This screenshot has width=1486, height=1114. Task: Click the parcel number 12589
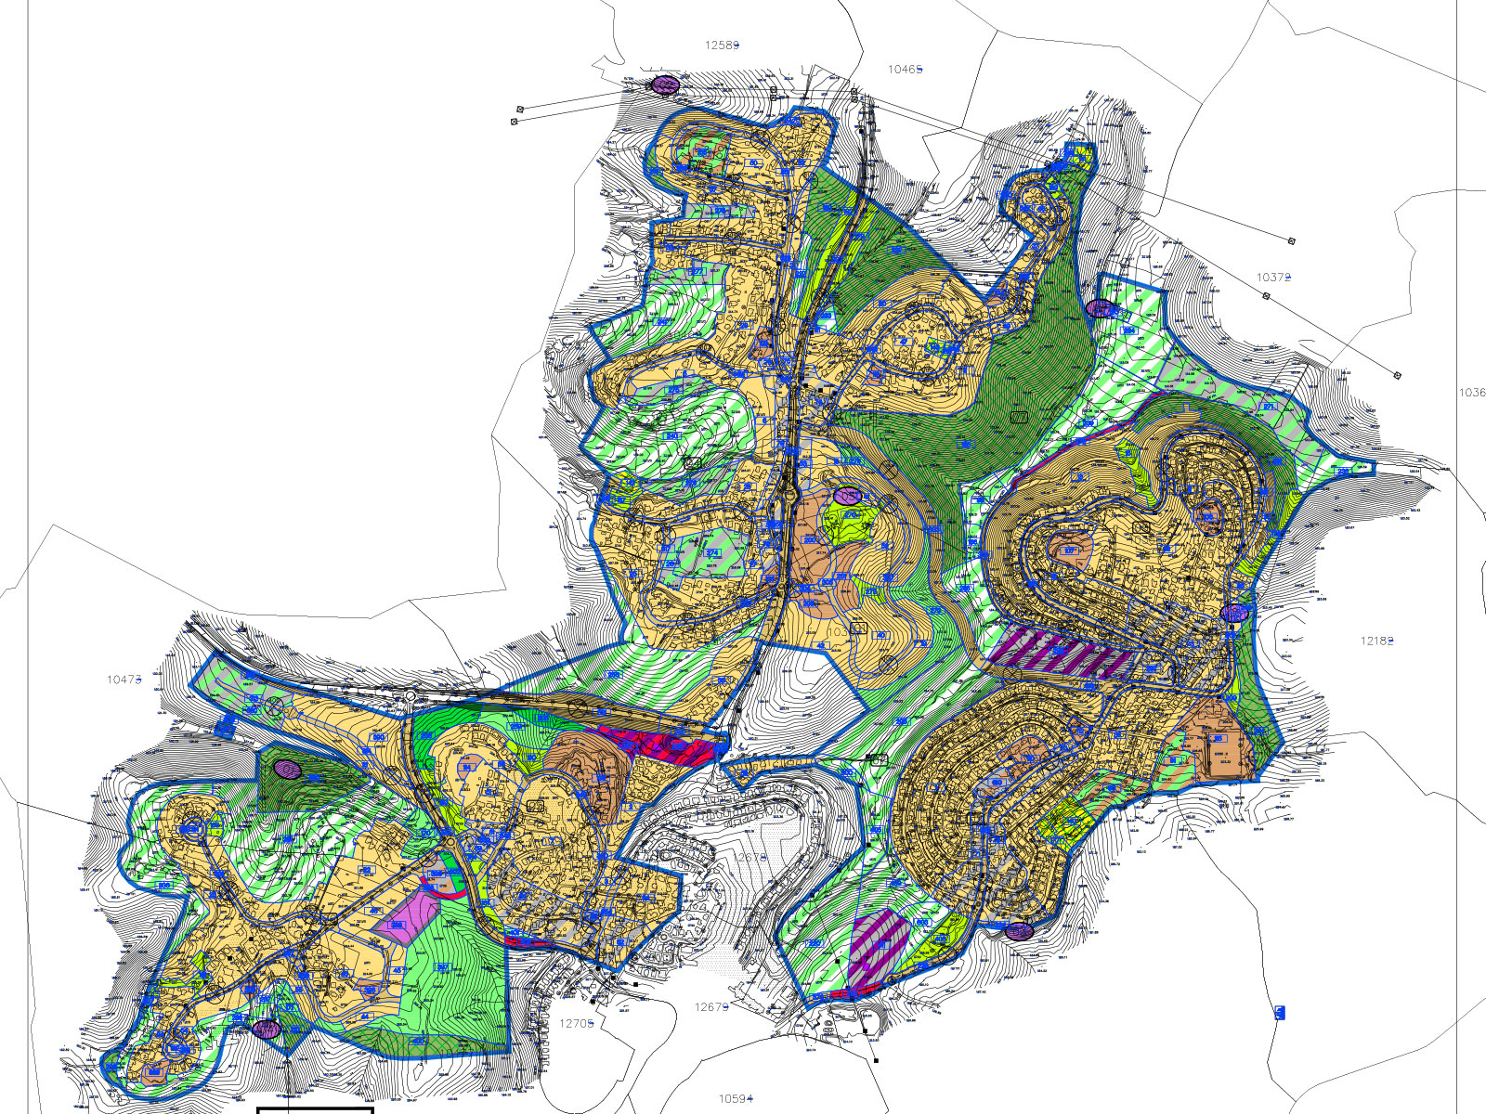(x=722, y=45)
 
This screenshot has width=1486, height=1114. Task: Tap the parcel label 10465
(x=905, y=69)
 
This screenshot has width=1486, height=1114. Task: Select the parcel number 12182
(x=1376, y=641)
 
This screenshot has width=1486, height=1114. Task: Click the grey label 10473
(x=124, y=680)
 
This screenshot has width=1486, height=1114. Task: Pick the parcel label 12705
(x=576, y=1023)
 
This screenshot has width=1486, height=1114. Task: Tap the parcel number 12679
(x=711, y=1007)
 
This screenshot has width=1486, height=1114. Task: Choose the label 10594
(x=735, y=1098)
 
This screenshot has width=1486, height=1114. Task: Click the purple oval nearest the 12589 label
(x=664, y=84)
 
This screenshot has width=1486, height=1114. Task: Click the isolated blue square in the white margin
(x=1279, y=1013)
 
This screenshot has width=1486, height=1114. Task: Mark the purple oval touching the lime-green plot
(x=847, y=497)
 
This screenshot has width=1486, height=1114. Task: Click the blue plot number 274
(x=712, y=552)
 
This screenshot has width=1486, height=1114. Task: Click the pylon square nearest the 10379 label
(x=1266, y=296)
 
